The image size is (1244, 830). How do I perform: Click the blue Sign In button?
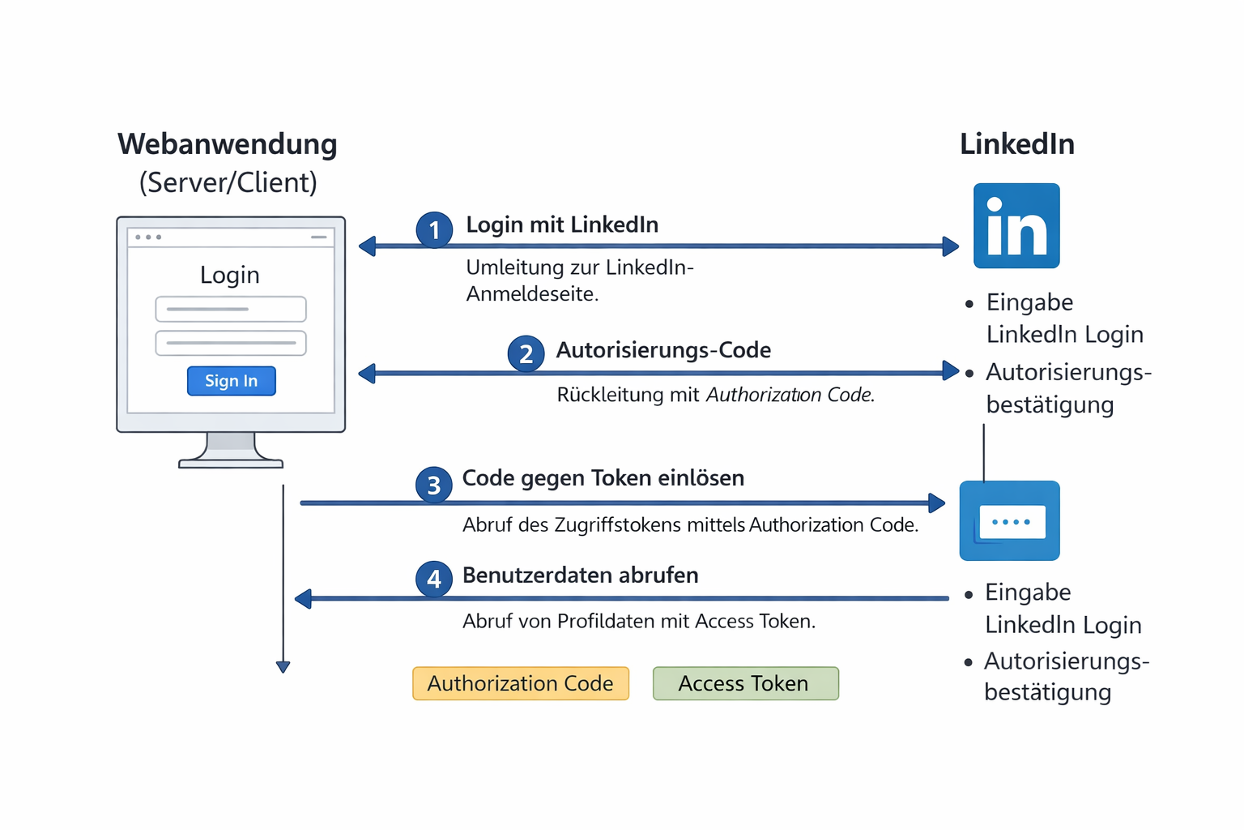pyautogui.click(x=231, y=381)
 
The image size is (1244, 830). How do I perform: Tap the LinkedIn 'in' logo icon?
pyautogui.click(x=1016, y=226)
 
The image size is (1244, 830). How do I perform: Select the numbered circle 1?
pyautogui.click(x=434, y=230)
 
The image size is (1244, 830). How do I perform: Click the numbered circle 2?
pyautogui.click(x=526, y=353)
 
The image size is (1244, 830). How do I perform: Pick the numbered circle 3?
pyautogui.click(x=434, y=485)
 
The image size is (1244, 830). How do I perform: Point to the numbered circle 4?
pyautogui.click(x=434, y=579)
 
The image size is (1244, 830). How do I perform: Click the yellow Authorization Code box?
pyautogui.click(x=521, y=683)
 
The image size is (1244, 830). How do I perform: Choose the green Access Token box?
pyautogui.click(x=745, y=683)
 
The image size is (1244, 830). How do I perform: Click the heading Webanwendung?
pyautogui.click(x=228, y=144)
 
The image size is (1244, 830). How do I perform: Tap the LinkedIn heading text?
pyautogui.click(x=1017, y=144)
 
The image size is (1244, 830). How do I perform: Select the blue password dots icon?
pyautogui.click(x=1010, y=521)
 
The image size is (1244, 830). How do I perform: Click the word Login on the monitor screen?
pyautogui.click(x=230, y=275)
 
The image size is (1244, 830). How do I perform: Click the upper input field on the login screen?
pyautogui.click(x=231, y=309)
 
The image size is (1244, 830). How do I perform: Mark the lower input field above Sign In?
pyautogui.click(x=231, y=343)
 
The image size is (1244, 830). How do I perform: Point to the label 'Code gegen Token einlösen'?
pyautogui.click(x=603, y=478)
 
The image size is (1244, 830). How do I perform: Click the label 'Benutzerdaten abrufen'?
pyautogui.click(x=580, y=575)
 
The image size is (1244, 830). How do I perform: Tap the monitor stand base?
pyautogui.click(x=231, y=463)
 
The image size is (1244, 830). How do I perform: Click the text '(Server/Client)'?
pyautogui.click(x=228, y=182)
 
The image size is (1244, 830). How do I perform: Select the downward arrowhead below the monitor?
pyautogui.click(x=283, y=667)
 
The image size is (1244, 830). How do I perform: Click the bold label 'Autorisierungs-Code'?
pyautogui.click(x=663, y=350)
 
